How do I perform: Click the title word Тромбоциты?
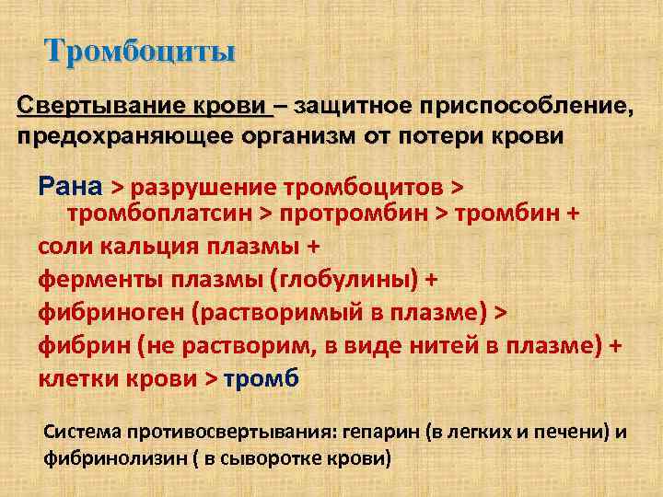[x=140, y=51]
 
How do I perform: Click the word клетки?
[x=76, y=377]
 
